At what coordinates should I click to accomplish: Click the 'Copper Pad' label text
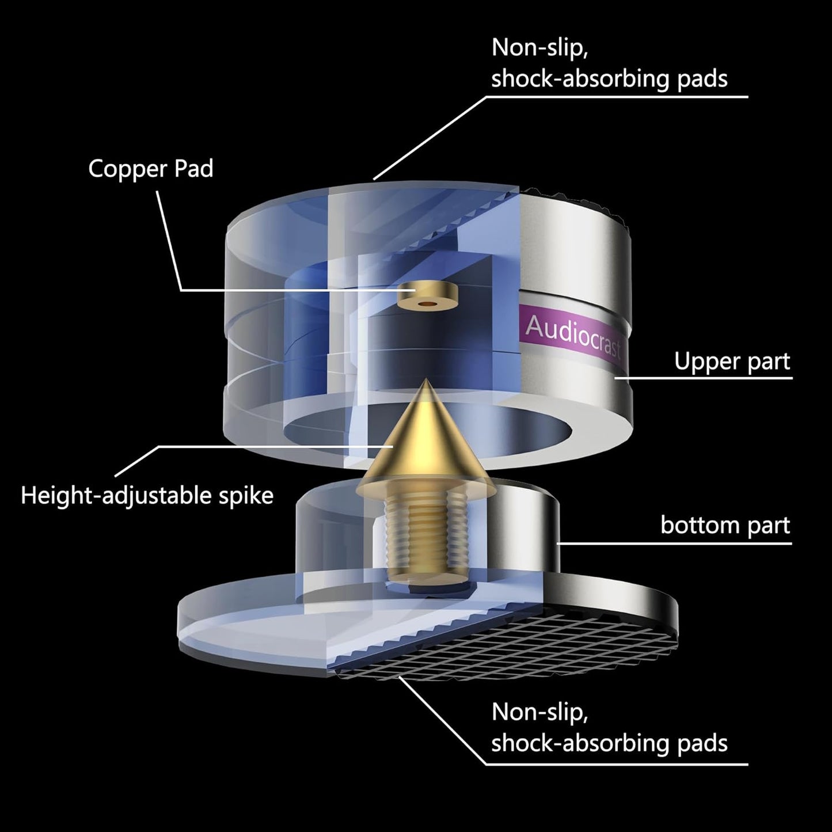point(150,169)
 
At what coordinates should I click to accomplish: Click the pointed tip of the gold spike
point(426,381)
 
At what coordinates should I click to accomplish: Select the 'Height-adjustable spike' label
point(147,495)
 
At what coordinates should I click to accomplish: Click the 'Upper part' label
point(732,362)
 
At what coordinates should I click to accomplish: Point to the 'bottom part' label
point(725,525)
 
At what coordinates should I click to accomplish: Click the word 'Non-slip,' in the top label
point(540,48)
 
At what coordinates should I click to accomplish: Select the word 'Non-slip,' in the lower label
point(540,712)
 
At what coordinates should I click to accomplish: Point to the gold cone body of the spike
point(426,449)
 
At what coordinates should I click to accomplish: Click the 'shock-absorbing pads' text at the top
point(609,79)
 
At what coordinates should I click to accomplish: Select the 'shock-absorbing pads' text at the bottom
point(609,743)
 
